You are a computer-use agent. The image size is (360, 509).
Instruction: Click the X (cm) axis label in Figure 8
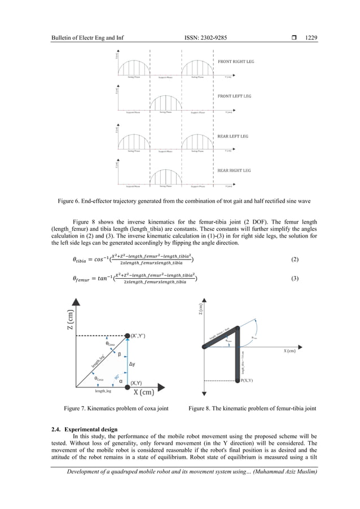(287, 350)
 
